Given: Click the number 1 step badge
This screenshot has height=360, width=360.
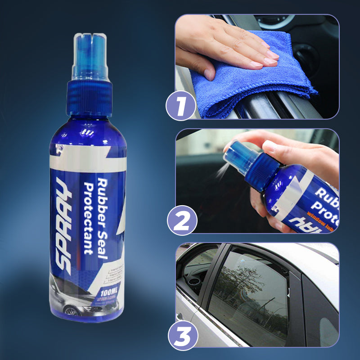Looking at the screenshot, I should coord(181,107).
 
